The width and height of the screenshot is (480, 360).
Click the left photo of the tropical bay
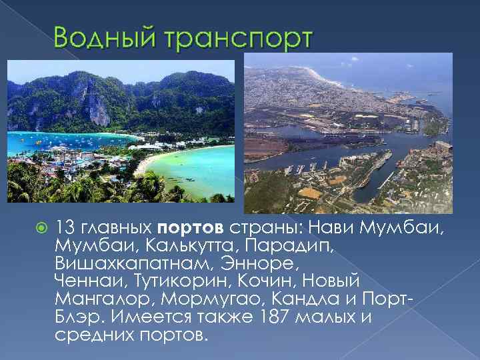pyautogui.click(x=121, y=131)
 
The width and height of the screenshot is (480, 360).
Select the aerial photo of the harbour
pyautogui.click(x=347, y=133)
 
